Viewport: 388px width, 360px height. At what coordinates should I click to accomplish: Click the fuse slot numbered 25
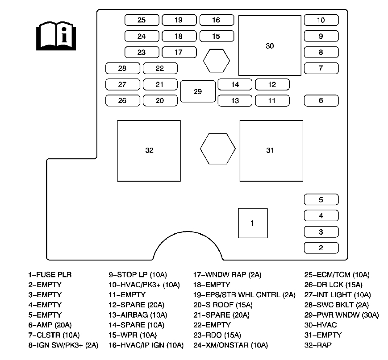pos(142,20)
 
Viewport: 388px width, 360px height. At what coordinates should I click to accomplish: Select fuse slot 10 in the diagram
pos(321,20)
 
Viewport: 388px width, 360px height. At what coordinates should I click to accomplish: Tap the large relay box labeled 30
pos(270,46)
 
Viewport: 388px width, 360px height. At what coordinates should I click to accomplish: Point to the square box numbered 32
pos(149,150)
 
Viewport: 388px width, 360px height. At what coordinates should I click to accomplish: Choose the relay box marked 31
pos(271,150)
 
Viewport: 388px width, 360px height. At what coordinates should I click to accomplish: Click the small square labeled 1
pos(252,223)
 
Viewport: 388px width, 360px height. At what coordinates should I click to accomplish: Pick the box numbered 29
pos(198,91)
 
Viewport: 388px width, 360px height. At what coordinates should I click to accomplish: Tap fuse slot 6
pos(321,100)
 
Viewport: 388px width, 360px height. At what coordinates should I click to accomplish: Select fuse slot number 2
pos(321,248)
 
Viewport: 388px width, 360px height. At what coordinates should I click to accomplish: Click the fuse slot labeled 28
pos(122,68)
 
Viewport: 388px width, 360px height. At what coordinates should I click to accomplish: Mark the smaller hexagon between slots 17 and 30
pos(217,60)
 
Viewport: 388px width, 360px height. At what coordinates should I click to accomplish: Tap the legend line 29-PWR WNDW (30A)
pos(341,314)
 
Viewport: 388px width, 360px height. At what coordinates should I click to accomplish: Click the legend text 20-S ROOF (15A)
pos(223,305)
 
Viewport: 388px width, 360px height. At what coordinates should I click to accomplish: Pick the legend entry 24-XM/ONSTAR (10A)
pos(230,345)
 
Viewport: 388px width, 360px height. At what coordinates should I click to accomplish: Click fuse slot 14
pos(235,84)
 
